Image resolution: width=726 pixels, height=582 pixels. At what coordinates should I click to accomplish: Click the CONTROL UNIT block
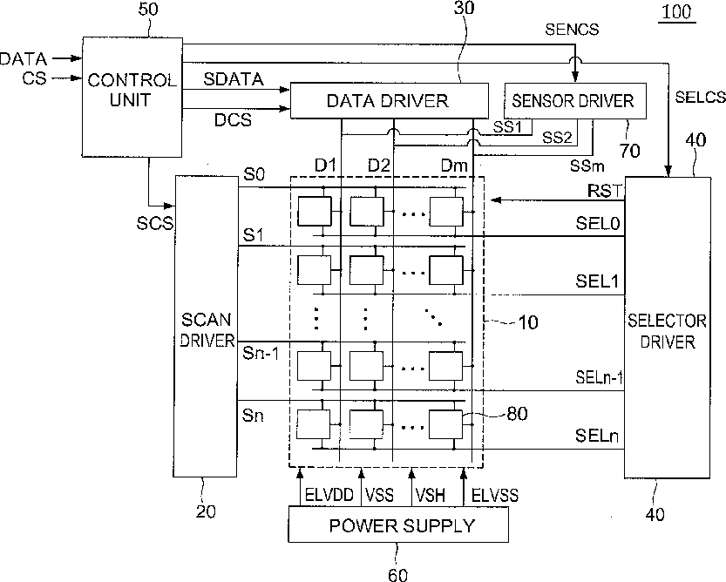(132, 97)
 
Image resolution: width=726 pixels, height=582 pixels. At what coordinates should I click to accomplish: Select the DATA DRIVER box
(389, 100)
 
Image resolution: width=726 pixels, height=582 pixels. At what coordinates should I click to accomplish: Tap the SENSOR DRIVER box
(574, 101)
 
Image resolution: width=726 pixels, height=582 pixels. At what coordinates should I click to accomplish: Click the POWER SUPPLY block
(398, 524)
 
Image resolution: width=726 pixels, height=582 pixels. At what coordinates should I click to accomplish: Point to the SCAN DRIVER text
(207, 329)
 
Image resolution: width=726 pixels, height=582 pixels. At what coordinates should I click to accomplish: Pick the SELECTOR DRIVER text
(667, 331)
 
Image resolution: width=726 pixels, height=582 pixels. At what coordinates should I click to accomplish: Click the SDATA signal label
(234, 79)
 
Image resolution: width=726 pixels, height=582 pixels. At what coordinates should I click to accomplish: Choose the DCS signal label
(233, 120)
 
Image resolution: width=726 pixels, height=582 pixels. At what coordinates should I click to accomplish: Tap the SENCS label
(572, 29)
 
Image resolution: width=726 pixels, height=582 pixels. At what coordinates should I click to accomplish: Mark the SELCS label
(700, 97)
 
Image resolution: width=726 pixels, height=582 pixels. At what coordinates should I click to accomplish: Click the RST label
(604, 190)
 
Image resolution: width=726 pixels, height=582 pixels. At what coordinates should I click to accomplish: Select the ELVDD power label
(329, 495)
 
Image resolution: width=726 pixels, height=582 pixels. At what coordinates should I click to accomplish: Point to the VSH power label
(431, 495)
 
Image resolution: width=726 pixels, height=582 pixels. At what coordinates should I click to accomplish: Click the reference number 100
(677, 11)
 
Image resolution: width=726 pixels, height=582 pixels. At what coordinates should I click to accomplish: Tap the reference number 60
(397, 574)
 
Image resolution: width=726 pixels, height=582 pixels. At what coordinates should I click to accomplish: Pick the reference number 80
(518, 414)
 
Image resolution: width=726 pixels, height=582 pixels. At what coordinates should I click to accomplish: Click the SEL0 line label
(597, 224)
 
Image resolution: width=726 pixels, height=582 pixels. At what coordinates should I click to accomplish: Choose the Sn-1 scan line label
(261, 354)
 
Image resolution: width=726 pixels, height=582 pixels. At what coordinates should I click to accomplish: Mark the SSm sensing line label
(587, 166)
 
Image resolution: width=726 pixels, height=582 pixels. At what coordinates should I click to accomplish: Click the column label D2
(379, 165)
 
